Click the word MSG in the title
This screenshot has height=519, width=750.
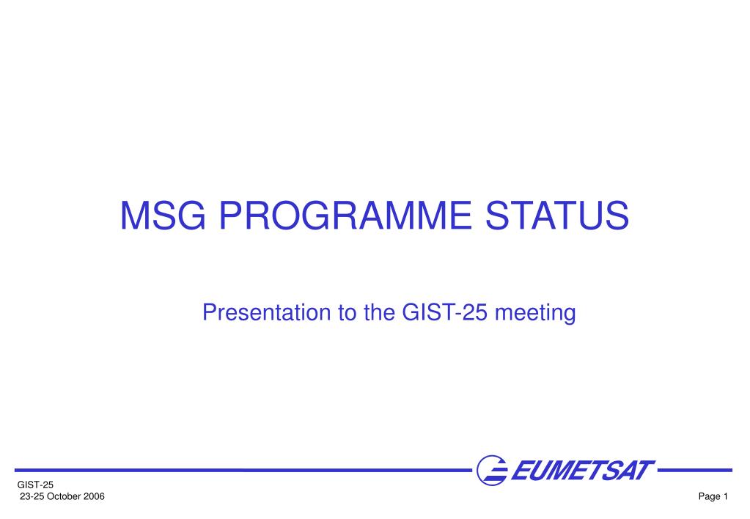[x=163, y=216]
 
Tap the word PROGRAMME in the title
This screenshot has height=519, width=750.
[x=345, y=216]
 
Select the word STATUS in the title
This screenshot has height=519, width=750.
[x=556, y=216]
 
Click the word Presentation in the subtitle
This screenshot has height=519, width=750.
[x=266, y=312]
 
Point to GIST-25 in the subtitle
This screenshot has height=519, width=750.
[x=445, y=312]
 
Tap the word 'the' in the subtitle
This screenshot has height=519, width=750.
[x=379, y=312]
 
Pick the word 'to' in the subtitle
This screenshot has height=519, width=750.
[x=348, y=313]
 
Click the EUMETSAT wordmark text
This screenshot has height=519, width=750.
[x=583, y=470]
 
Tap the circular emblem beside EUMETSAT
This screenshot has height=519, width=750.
[x=492, y=470]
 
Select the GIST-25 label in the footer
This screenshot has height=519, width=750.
[x=35, y=485]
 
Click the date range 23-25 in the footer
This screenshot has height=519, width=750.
[x=32, y=496]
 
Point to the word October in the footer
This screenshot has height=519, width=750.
[x=64, y=496]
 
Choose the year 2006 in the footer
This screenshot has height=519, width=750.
[x=95, y=496]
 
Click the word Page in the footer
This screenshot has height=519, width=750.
[x=710, y=497]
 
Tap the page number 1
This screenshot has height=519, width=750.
[x=726, y=496]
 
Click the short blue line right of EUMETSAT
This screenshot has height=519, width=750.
[x=695, y=470]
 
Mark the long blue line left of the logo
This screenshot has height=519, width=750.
[x=243, y=470]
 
